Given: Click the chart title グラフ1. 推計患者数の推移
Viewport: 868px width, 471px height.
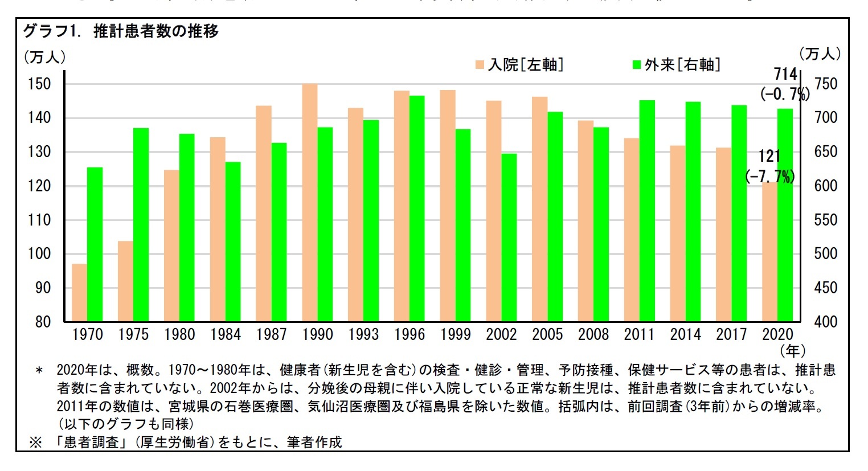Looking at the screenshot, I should (120, 31).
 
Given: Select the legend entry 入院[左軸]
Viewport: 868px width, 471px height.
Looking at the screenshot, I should (519, 65).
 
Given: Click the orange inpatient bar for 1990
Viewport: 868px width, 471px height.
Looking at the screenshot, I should (309, 202).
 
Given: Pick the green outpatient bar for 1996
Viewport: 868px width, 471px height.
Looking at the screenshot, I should (417, 208).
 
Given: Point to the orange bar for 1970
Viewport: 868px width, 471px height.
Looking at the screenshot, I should (79, 292).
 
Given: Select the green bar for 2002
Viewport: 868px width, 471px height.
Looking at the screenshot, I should (509, 237).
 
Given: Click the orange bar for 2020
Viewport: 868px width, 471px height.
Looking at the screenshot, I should (769, 252).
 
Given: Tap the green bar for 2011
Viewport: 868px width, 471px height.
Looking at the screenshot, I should (647, 211).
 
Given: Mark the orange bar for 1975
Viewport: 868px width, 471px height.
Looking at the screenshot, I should (125, 281).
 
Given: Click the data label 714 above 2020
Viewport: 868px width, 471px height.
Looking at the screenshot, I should (785, 74).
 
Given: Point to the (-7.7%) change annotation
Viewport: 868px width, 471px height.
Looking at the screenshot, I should (769, 177).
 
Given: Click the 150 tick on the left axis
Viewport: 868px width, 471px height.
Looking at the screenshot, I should (39, 84).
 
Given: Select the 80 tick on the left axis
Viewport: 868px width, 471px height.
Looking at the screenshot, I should (43, 322).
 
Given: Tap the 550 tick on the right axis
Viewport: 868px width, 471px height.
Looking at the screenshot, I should (825, 220).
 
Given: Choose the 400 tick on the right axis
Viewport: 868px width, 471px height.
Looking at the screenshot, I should (825, 322).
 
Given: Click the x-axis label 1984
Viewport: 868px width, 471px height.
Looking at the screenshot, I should (225, 335).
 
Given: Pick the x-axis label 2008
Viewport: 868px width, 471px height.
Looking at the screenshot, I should (593, 335).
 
